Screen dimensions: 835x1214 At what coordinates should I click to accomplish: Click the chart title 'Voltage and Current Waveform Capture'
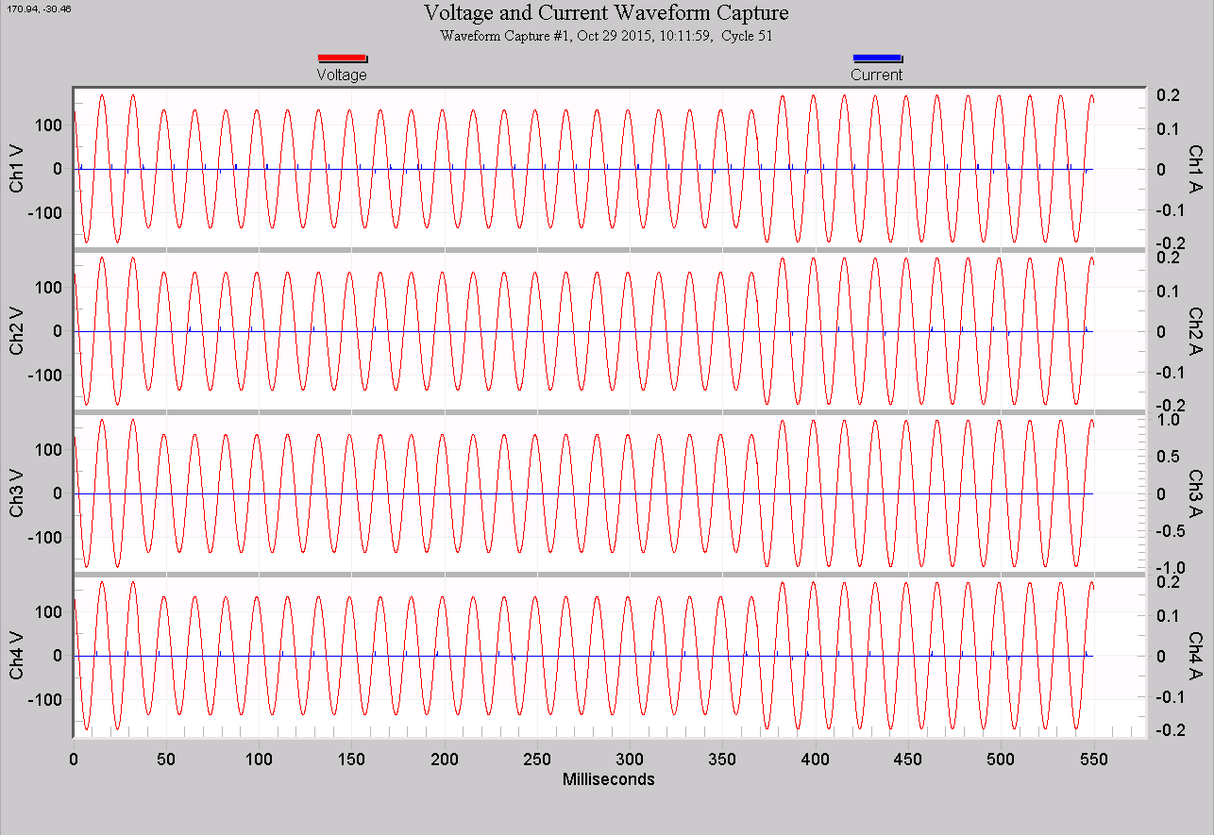pos(606,13)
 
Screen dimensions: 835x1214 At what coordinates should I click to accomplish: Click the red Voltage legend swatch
pos(342,58)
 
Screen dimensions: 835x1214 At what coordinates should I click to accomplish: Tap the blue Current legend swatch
pos(877,58)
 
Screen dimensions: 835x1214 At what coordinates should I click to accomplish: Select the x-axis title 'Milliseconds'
pos(608,779)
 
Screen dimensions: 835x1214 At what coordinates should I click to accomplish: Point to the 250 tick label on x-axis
pos(537,760)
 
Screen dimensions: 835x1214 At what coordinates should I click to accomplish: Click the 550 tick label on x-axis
pos(1093,760)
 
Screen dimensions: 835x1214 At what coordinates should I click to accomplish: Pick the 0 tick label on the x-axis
pos(74,760)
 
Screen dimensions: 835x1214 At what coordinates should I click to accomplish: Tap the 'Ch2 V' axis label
pos(18,332)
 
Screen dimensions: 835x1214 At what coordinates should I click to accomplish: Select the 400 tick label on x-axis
pos(816,760)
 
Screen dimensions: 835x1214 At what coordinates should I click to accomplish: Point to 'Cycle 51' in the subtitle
pos(747,36)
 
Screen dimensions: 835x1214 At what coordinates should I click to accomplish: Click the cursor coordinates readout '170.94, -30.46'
pos(39,8)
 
